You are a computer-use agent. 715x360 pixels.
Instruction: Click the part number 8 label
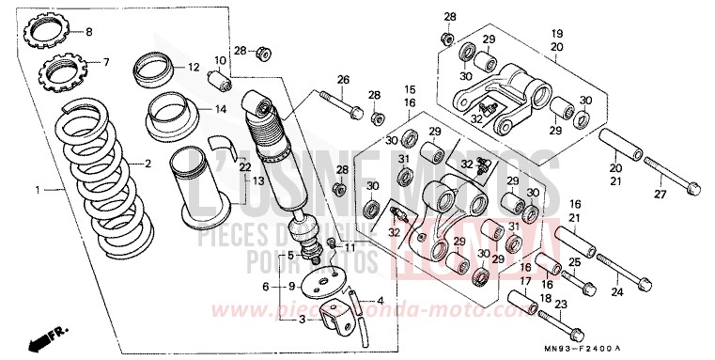click(x=90, y=33)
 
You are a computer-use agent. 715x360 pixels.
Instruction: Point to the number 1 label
click(x=39, y=190)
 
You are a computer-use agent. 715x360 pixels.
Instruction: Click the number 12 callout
click(x=194, y=67)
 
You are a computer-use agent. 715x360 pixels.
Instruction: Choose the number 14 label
click(x=221, y=109)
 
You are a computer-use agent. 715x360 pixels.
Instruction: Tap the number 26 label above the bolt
click(x=343, y=79)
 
